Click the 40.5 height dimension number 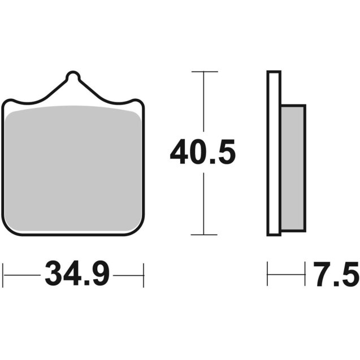pos(202,153)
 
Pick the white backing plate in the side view pos(274,153)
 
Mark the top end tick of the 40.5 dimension pos(203,72)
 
